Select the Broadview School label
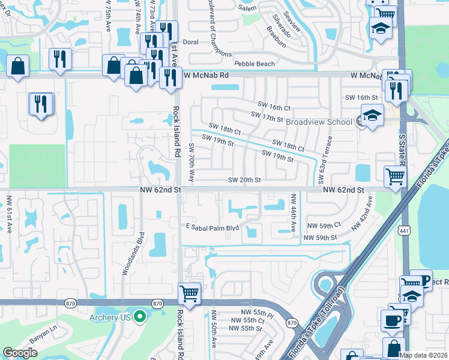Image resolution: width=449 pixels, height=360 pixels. click(319, 122)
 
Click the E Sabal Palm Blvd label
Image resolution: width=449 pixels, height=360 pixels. click(212, 227)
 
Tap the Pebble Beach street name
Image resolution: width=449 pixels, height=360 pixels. click(255, 64)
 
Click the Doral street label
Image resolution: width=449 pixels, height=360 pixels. click(190, 43)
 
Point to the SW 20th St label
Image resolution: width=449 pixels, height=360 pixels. click(245, 180)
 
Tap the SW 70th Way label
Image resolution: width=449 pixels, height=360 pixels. click(191, 163)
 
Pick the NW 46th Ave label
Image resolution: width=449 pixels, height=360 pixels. click(294, 213)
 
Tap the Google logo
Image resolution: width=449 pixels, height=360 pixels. click(20, 353)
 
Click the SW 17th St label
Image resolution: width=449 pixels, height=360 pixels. click(267, 117)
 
